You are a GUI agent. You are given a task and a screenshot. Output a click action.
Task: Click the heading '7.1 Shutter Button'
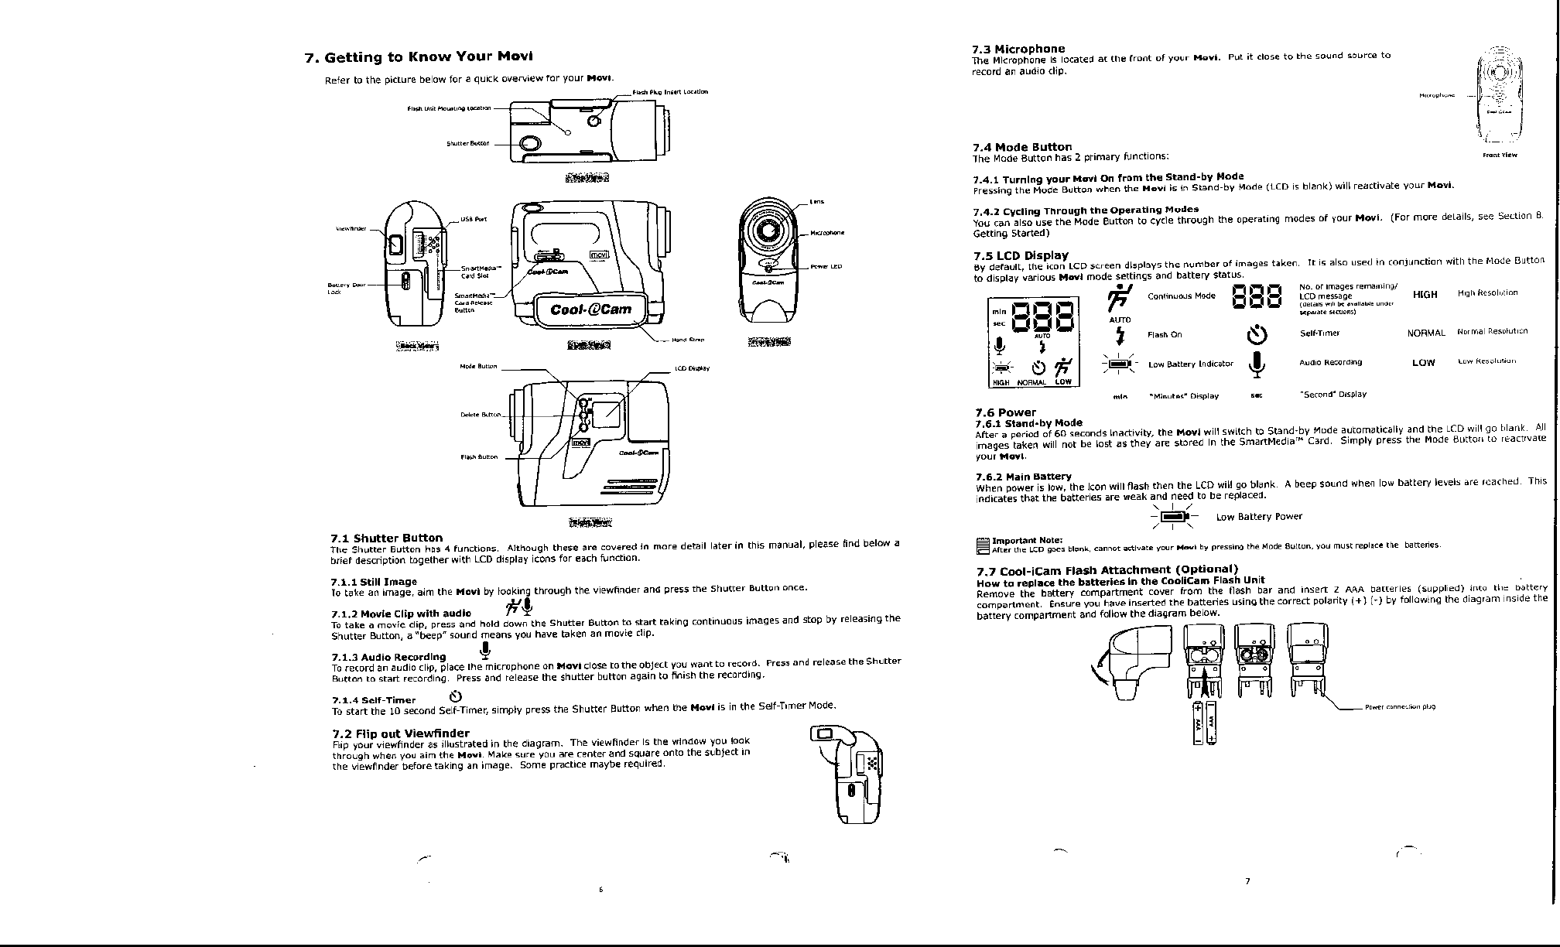386,538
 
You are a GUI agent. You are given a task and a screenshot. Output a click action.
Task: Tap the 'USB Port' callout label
474,218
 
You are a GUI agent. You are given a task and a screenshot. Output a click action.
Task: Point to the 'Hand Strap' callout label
687,339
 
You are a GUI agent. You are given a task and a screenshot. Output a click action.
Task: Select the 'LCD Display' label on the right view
693,368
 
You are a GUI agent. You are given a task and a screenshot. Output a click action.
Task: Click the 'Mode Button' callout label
478,366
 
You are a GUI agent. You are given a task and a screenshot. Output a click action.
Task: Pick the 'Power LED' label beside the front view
826,266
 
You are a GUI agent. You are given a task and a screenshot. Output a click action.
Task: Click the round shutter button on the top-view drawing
530,144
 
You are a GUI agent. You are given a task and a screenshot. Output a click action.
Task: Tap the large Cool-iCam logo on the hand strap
590,310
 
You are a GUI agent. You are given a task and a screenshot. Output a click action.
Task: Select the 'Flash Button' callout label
479,456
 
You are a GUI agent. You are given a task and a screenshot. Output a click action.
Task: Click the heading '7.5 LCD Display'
1020,255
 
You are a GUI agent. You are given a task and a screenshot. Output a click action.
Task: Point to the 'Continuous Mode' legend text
1181,296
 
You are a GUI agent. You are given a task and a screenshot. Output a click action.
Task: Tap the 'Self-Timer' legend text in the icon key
1319,333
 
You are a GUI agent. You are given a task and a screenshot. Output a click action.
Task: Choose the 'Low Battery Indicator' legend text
1190,364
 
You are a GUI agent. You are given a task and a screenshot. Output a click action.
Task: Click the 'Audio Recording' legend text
1330,362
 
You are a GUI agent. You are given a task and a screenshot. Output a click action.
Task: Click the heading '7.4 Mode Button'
1021,147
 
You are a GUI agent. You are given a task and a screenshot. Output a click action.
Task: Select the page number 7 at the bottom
1247,881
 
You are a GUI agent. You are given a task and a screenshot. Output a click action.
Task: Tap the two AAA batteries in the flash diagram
1204,723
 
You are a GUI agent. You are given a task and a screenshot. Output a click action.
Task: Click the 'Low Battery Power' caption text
1259,517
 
